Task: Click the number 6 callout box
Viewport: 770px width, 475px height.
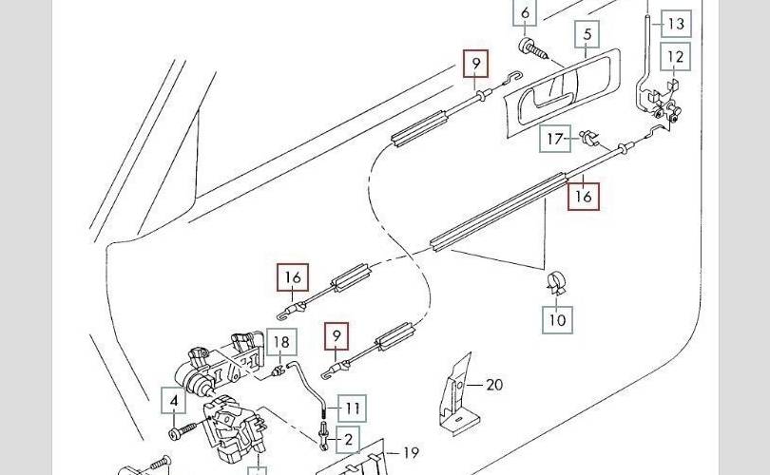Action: point(525,12)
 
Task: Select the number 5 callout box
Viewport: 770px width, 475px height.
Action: point(587,34)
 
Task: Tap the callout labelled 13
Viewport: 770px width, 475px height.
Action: point(676,24)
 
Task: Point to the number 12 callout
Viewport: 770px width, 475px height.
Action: point(676,56)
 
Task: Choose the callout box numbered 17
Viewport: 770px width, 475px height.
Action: point(555,139)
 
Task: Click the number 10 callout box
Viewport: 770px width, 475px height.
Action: point(557,320)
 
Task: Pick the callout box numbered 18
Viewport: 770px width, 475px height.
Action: point(281,342)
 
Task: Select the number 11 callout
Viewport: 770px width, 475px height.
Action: point(352,408)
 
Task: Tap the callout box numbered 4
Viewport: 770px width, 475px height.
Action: point(174,400)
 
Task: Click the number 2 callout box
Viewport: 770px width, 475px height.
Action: point(348,439)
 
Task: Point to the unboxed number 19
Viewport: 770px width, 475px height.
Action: point(411,452)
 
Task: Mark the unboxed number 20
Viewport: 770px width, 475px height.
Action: point(494,384)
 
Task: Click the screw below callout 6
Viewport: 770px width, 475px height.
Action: point(532,48)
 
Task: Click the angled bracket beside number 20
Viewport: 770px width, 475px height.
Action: point(456,395)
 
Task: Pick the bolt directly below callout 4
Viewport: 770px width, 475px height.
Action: point(183,432)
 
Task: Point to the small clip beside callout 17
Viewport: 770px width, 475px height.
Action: point(589,138)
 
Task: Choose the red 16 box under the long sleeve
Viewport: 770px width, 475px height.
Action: point(584,197)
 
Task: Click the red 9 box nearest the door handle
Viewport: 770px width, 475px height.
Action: point(476,64)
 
